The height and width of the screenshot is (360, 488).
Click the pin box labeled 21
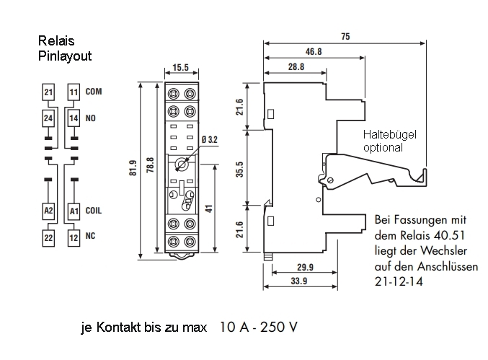click(x=48, y=92)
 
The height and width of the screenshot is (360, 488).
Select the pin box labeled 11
click(x=73, y=92)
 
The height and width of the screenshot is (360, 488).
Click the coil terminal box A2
click(x=48, y=211)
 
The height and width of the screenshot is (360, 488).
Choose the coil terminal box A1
click(x=73, y=211)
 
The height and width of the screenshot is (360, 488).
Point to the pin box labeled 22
click(x=48, y=237)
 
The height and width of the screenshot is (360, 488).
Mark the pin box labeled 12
click(x=73, y=237)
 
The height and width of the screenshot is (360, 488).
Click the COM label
click(x=94, y=92)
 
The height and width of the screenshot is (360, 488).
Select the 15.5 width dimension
click(x=181, y=68)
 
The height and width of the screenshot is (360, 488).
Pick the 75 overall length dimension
click(x=346, y=36)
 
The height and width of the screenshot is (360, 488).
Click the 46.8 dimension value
click(x=313, y=51)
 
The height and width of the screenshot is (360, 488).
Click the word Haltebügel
click(x=390, y=134)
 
